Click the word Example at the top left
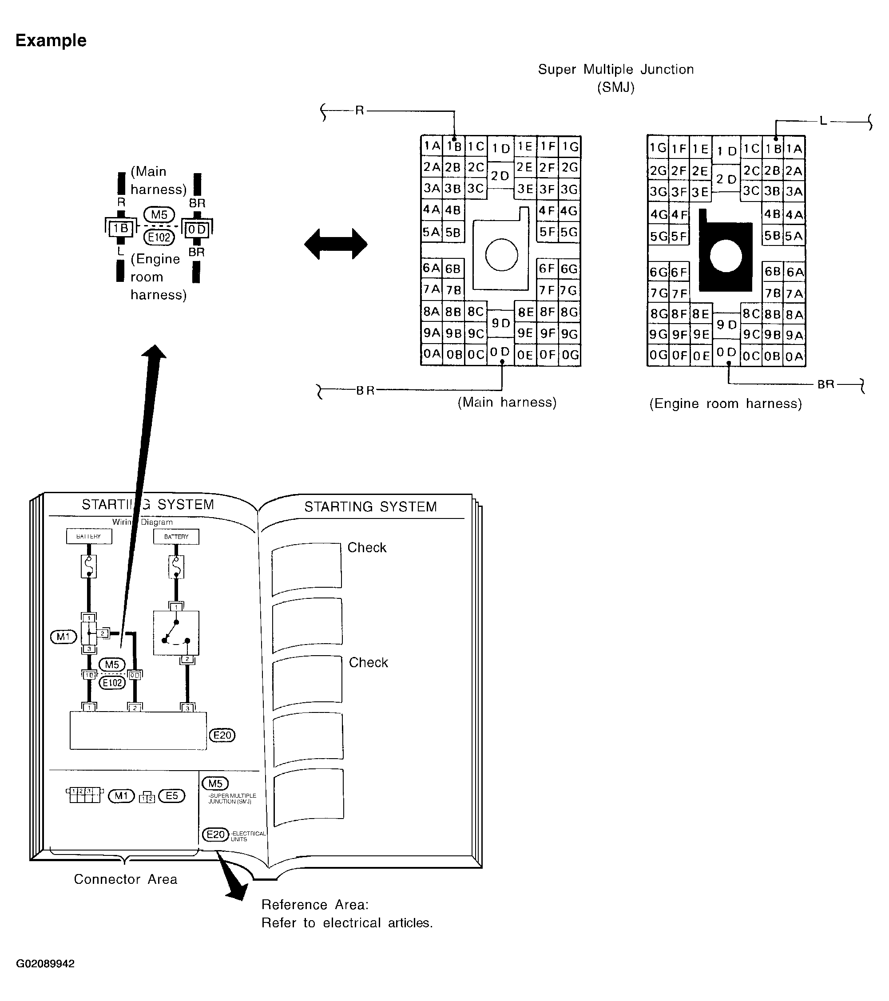[51, 40]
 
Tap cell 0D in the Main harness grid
[500, 352]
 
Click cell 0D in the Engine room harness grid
[726, 352]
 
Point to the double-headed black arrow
[336, 243]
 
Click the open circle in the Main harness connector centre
[501, 255]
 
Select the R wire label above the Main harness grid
[360, 111]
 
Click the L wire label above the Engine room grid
[823, 120]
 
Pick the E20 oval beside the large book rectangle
[222, 735]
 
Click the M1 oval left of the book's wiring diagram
[63, 637]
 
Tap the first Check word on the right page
[367, 547]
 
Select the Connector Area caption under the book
[125, 879]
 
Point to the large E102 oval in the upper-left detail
[159, 237]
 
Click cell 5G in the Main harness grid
[569, 232]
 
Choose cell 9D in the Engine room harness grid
[726, 324]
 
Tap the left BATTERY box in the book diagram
[89, 536]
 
